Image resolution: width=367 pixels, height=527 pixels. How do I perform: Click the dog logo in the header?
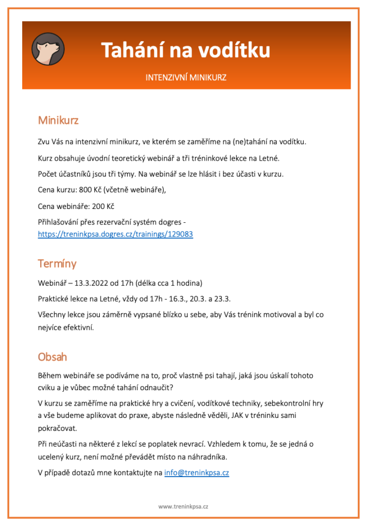48,50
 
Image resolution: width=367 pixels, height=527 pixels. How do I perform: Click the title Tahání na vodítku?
185,51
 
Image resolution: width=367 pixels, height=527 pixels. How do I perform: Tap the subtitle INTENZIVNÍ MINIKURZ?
186,78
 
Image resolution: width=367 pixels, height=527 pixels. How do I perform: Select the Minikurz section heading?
58,120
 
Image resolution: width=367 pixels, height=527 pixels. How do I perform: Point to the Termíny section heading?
57,263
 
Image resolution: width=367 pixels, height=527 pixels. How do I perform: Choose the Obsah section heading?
53,357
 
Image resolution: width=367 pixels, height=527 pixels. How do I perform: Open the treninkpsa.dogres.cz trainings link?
115,234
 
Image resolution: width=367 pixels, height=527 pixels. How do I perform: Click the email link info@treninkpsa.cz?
197,472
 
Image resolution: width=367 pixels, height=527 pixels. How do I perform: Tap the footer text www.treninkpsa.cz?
183,506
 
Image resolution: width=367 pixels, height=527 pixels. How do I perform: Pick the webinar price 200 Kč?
103,206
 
